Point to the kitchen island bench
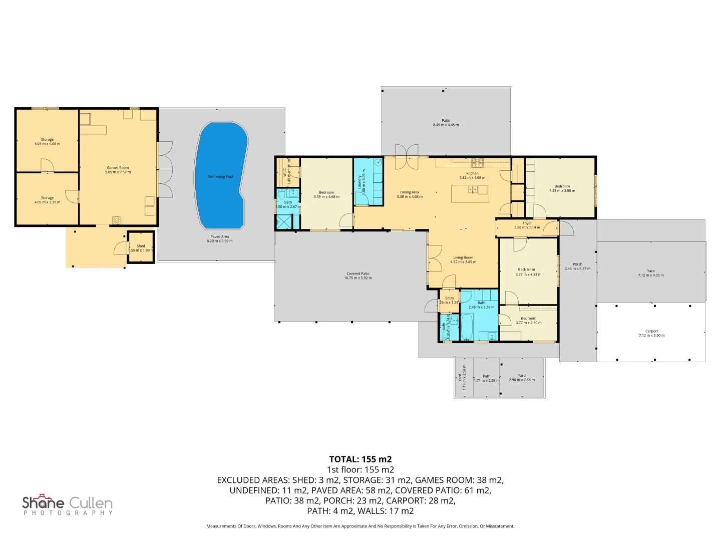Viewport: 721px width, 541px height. coord(470,194)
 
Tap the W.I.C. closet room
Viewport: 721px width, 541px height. coord(287,171)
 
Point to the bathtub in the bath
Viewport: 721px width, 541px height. coord(467,327)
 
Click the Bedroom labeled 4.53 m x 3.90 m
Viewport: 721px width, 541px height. coord(562,188)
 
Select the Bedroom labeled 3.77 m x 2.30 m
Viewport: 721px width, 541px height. coord(528,321)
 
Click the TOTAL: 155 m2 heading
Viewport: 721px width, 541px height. coord(360,459)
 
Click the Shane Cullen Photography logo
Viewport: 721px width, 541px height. coord(68,505)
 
